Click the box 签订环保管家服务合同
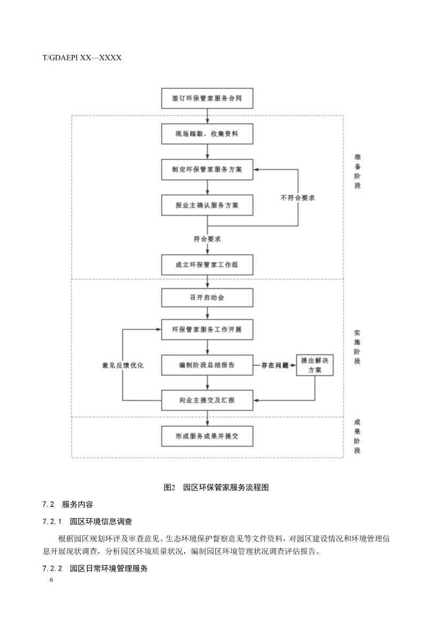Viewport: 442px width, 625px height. click(207, 99)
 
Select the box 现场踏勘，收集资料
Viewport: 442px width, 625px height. click(207, 135)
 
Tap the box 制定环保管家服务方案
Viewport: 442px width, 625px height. click(207, 170)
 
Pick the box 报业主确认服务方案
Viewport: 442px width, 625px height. click(207, 205)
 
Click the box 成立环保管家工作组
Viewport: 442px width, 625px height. click(207, 264)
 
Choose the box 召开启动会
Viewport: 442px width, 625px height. click(207, 297)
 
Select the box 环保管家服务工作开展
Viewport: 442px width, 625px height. click(207, 330)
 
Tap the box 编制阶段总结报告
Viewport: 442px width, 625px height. click(207, 365)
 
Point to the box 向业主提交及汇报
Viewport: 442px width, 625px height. click(207, 400)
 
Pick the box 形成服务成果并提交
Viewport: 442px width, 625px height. click(207, 436)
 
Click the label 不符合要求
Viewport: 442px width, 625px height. click(298, 198)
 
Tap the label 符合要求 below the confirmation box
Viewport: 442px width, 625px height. click(207, 239)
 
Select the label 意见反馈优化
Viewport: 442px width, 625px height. click(123, 366)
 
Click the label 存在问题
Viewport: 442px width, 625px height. click(275, 366)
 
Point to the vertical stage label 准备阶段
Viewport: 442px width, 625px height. click(357, 171)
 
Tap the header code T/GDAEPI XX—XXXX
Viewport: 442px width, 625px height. click(82, 57)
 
